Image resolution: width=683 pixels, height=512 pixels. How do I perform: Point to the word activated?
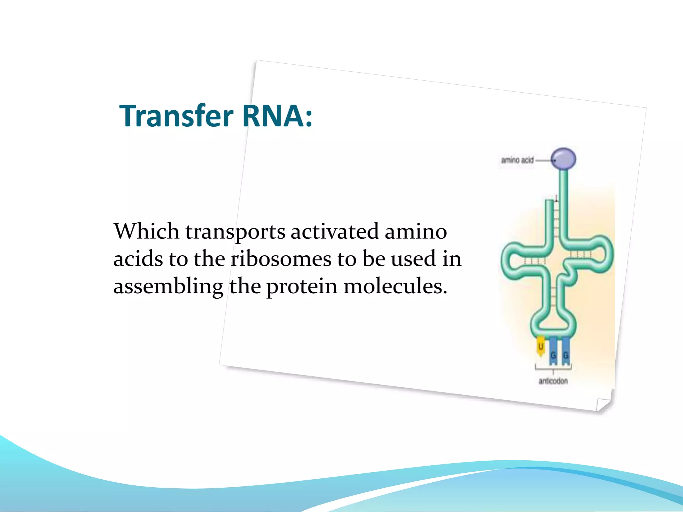(334, 231)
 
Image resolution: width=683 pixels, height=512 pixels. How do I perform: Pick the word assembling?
(168, 287)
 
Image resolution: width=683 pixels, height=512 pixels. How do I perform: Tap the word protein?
(302, 287)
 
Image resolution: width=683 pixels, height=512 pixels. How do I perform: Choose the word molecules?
(395, 286)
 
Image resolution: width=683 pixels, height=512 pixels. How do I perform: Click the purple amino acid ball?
(563, 159)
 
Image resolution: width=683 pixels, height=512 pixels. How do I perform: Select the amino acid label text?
(517, 160)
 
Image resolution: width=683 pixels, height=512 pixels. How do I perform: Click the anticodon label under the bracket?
(553, 381)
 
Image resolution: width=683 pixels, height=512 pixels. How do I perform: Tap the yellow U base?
(541, 347)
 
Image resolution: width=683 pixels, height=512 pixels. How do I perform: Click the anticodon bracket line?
(553, 368)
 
